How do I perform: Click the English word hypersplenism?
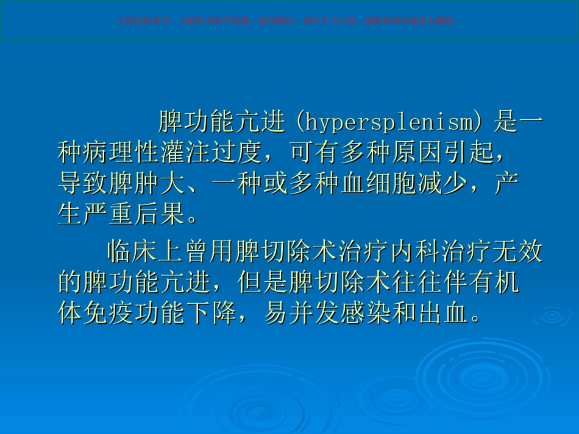point(388,122)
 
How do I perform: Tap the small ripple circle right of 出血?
point(552,315)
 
